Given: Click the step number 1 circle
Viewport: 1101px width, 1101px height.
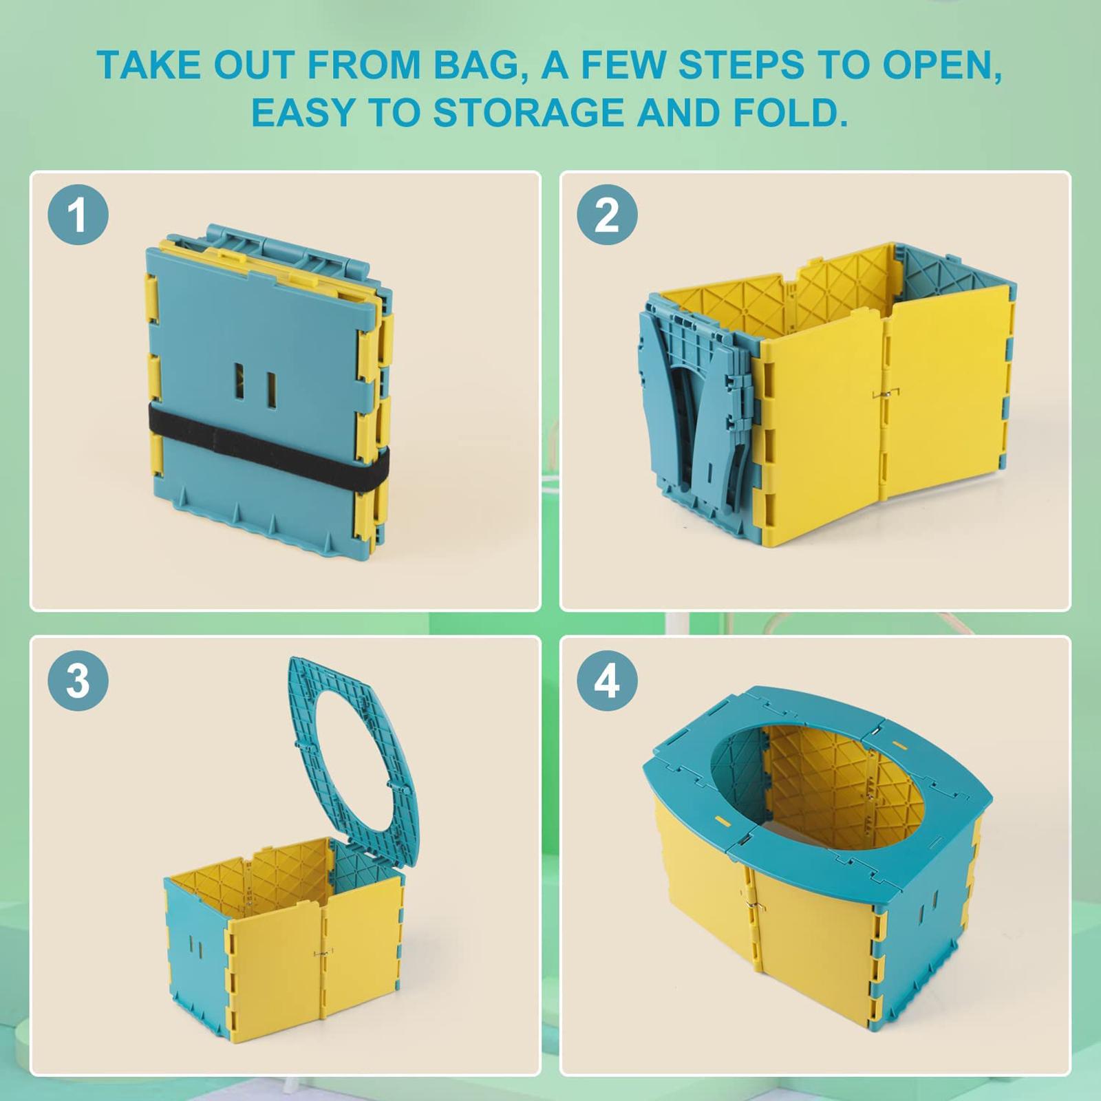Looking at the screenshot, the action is point(78,215).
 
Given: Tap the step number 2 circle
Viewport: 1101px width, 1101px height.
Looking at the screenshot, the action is point(607,215).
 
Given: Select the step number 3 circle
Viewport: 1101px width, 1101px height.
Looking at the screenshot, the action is point(78,681).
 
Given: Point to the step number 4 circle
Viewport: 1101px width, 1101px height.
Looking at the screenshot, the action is point(607,681).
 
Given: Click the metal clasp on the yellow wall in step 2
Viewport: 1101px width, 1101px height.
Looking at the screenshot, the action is point(885,394).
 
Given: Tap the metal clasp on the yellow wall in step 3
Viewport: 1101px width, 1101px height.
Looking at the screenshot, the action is point(323,953).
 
